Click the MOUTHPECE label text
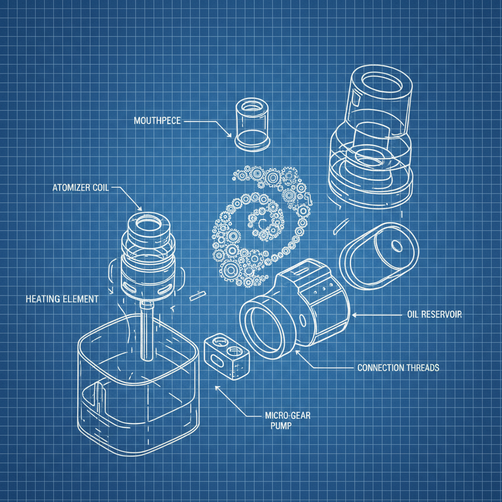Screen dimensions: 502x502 tap(157, 121)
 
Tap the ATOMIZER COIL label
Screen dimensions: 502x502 tap(81, 187)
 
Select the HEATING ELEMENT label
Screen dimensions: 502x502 tap(62, 299)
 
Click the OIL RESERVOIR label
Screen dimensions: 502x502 tap(434, 314)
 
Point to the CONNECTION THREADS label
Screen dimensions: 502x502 tap(398, 368)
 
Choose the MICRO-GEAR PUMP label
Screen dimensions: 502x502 tap(287, 421)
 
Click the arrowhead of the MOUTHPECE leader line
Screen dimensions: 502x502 tap(229, 135)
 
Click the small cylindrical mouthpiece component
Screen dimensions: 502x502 tap(252, 125)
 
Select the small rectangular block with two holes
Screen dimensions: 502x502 tap(226, 356)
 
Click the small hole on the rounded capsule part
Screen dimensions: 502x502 tap(397, 246)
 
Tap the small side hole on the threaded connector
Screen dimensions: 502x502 tap(303, 320)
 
